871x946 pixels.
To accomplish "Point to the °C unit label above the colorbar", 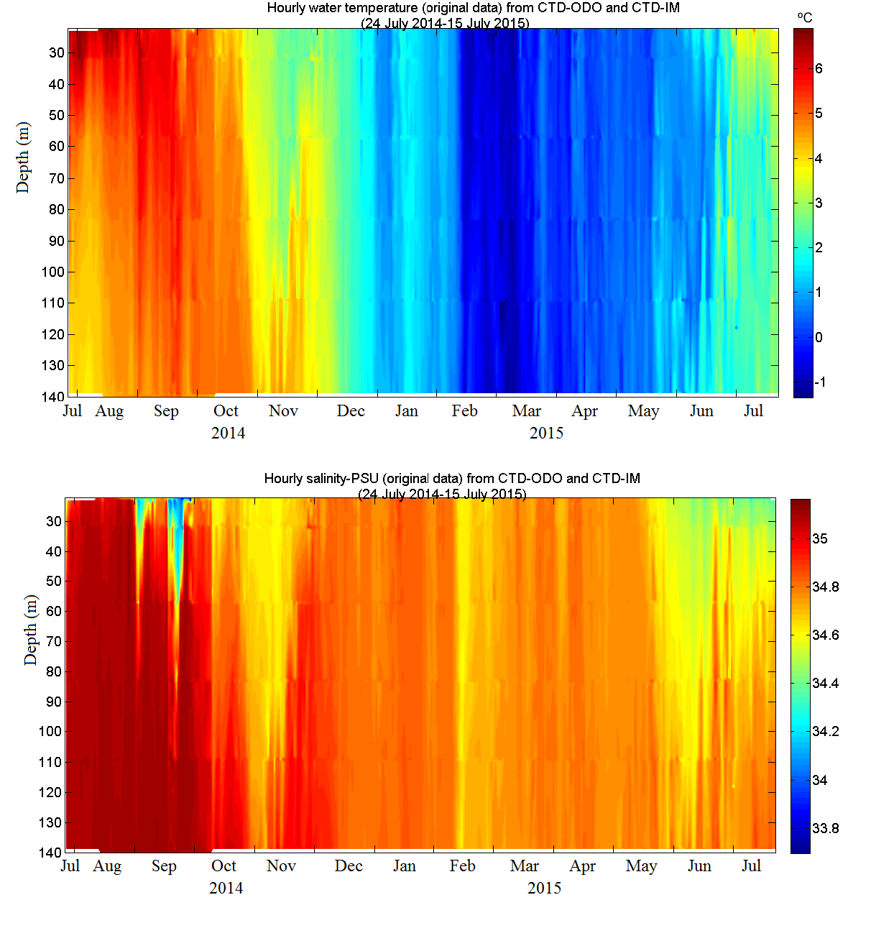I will (x=805, y=17).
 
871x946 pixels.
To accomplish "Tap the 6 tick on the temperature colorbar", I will (x=819, y=69).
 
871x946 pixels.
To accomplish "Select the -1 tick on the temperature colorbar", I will (x=820, y=382).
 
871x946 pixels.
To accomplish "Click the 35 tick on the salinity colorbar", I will (x=820, y=538).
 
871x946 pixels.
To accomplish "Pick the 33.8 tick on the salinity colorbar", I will (x=825, y=828).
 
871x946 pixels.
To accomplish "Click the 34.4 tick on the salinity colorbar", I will (x=825, y=683).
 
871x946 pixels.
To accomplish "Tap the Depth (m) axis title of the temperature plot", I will (x=23, y=157).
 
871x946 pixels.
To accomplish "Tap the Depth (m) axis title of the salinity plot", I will (x=30, y=630).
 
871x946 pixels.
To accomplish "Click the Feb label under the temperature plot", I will (x=464, y=411).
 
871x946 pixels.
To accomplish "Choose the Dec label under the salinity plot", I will (x=349, y=866).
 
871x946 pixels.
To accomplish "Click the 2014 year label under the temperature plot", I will (x=228, y=433).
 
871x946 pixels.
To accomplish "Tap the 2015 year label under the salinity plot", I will (x=545, y=888).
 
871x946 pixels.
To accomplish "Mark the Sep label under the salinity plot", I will (x=164, y=866).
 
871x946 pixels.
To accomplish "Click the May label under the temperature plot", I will (x=643, y=411).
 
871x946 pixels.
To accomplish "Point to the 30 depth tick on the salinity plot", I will (x=54, y=522).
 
